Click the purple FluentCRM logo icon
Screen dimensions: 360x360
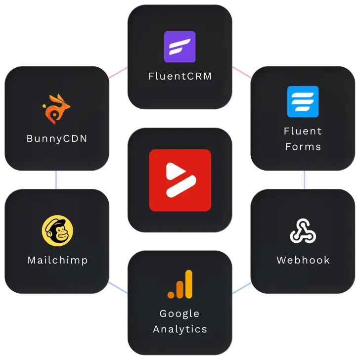click(180, 46)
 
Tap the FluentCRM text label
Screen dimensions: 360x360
click(180, 77)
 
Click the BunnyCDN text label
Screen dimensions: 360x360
click(57, 138)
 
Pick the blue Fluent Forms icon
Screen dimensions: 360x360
click(303, 101)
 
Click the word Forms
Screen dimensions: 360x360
click(303, 147)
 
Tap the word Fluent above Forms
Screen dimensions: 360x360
click(303, 131)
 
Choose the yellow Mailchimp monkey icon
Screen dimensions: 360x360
click(57, 230)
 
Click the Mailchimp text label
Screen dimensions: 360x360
click(58, 260)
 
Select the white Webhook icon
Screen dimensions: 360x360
click(303, 231)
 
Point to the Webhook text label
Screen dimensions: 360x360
click(303, 260)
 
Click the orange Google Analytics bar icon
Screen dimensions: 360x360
click(180, 285)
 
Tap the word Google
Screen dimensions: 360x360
click(180, 314)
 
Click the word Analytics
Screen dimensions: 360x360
click(180, 329)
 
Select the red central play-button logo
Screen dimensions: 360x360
click(180, 180)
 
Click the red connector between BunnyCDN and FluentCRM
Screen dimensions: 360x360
click(118, 73)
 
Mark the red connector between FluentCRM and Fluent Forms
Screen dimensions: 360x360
click(242, 73)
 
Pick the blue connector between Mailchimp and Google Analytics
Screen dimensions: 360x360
click(118, 288)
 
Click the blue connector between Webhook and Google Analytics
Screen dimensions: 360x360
click(242, 288)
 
